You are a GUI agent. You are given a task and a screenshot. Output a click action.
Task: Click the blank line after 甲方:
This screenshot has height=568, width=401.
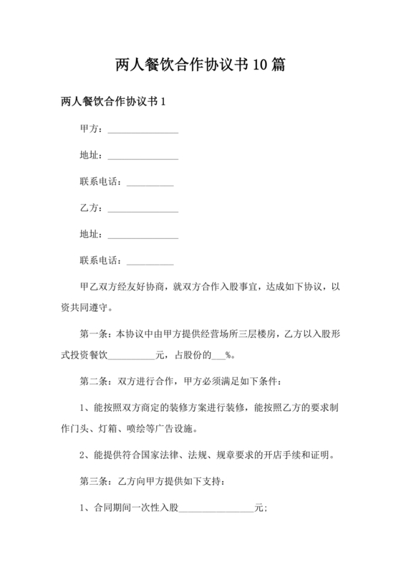coord(142,130)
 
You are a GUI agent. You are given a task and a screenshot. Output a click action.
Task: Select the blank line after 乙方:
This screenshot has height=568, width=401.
coord(142,208)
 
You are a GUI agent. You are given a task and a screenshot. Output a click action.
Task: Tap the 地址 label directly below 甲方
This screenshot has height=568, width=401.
coord(90,156)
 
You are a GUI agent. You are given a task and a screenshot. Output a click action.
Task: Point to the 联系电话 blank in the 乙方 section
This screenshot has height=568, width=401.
coord(150,260)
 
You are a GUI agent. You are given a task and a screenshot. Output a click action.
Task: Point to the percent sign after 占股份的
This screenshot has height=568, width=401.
coord(229,354)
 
